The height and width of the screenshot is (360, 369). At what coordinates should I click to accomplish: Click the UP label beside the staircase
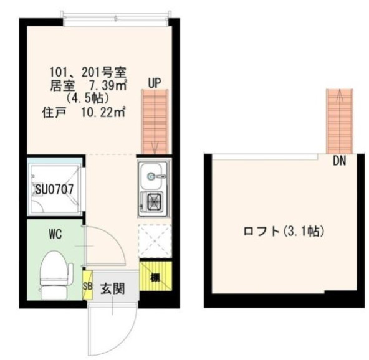pos(155,82)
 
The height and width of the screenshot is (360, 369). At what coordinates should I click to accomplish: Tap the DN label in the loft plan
pos(339,161)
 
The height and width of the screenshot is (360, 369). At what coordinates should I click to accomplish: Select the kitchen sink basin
pos(153,176)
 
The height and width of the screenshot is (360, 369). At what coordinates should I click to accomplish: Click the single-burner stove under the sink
pos(153,202)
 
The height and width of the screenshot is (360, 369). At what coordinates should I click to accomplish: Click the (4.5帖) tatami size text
pos(89,98)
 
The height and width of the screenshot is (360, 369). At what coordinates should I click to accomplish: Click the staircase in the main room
pos(155,121)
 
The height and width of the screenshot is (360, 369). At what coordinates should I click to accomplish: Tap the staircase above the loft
pos(340,121)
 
